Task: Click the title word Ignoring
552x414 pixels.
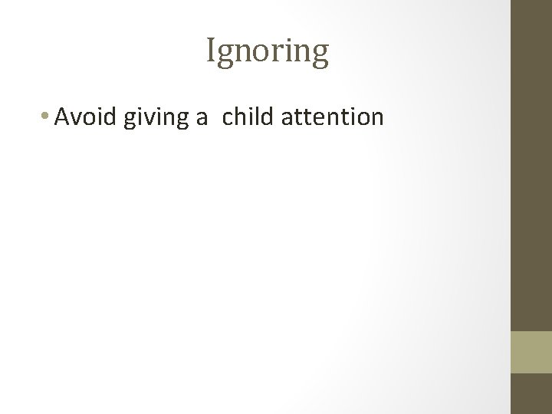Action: (268, 52)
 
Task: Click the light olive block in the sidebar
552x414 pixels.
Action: (531, 352)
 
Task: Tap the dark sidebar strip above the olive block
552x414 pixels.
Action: (531, 165)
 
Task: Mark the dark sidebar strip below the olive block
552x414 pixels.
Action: (531, 393)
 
